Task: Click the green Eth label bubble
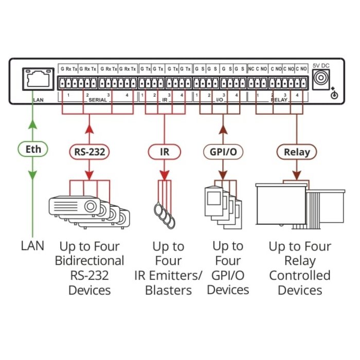pos(33,150)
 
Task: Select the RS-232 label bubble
pos(90,152)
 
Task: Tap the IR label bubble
pos(165,152)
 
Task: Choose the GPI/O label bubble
pos(222,152)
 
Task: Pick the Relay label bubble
pos(297,152)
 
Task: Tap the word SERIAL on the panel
pos(98,100)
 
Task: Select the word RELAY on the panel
pos(278,100)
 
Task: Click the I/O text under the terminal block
pos(220,100)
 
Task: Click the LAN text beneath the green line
pos(33,246)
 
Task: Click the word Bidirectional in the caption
pos(89,261)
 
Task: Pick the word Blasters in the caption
pos(168,290)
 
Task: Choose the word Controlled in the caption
pos(300,275)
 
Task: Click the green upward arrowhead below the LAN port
pos(33,124)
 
